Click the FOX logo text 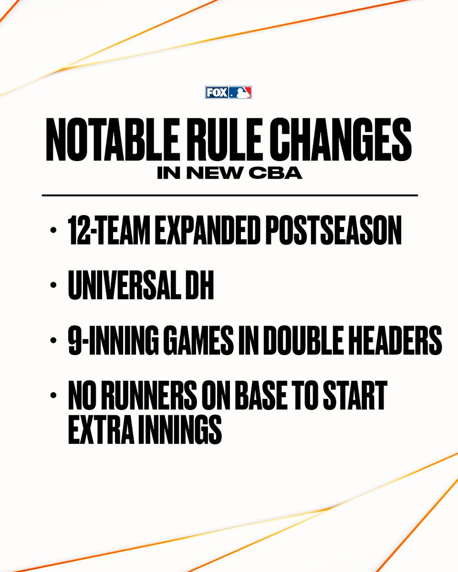click(217, 92)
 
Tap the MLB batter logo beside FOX click(239, 92)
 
